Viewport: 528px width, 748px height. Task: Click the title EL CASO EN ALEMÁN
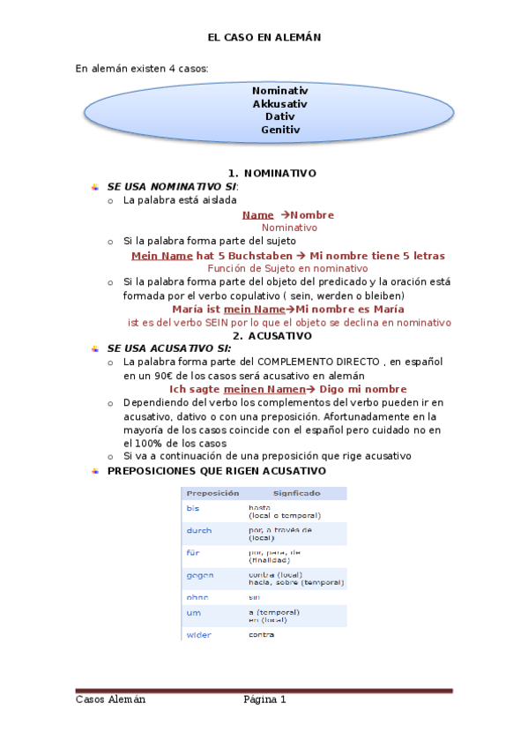click(264, 38)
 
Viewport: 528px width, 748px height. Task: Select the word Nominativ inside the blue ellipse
click(279, 90)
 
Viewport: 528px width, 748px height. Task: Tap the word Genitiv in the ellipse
click(279, 130)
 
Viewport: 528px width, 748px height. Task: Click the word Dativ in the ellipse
click(279, 116)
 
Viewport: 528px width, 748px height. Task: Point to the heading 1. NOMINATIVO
click(271, 173)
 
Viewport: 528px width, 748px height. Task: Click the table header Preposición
click(213, 494)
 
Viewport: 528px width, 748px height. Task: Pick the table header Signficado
click(296, 494)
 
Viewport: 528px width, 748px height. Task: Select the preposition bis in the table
click(192, 508)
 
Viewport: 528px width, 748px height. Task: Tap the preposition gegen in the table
click(199, 575)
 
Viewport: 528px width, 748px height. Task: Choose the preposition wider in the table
click(198, 634)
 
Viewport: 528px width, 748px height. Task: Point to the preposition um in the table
click(193, 612)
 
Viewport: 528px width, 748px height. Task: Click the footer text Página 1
click(264, 699)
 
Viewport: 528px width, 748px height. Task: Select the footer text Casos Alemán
click(110, 699)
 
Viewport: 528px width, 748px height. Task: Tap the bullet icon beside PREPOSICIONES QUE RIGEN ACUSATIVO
click(95, 470)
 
